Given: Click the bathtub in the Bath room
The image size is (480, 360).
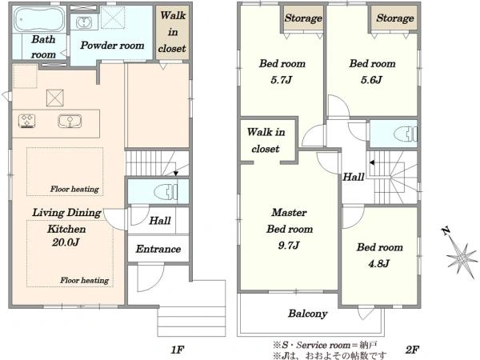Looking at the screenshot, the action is [x=39, y=19].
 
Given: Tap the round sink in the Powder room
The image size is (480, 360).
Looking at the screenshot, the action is [x=84, y=22].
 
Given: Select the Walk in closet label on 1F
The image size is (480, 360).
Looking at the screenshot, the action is [x=172, y=32].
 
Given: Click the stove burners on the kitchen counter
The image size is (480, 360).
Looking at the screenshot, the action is [x=26, y=121].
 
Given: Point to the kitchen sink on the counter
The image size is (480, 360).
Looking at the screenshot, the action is [x=70, y=121].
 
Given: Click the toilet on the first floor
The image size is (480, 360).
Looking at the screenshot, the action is [x=166, y=192].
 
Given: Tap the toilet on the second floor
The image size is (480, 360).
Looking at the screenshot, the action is [x=406, y=134].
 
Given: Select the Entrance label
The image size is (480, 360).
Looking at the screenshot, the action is [x=158, y=249].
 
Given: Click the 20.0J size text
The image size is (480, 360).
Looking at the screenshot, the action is [x=66, y=242].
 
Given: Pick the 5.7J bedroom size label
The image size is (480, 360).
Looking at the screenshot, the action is [x=281, y=80].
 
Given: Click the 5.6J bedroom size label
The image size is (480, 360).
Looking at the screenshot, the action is [x=371, y=80].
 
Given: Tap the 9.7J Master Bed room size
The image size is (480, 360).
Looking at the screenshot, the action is [x=289, y=246].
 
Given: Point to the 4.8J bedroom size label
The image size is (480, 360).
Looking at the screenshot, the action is [x=379, y=263].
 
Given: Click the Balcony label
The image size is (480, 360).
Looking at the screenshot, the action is [x=308, y=314].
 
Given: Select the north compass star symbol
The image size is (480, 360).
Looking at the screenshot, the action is [x=462, y=259].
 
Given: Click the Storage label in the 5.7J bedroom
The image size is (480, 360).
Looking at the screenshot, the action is [x=303, y=18].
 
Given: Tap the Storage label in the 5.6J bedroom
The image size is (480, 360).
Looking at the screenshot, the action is [x=395, y=18].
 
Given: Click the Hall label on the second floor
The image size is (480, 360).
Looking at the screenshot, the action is [x=354, y=177].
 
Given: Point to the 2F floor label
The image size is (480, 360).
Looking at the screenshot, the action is [x=412, y=350].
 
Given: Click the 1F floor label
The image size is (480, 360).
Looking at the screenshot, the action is [x=178, y=350].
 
